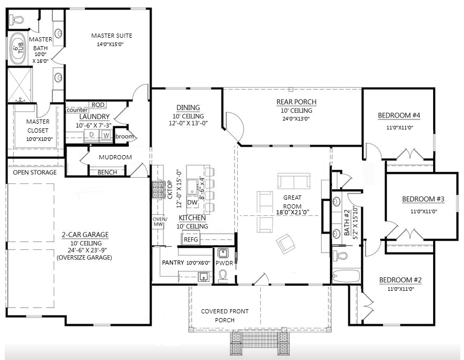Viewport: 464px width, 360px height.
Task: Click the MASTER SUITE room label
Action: [112, 36]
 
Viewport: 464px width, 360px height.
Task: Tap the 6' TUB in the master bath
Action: [18, 49]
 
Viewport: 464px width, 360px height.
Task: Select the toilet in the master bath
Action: [16, 20]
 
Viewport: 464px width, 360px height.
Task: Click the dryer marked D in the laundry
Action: [92, 135]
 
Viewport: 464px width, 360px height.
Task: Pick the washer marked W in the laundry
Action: [106, 135]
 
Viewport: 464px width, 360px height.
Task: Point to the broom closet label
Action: [125, 136]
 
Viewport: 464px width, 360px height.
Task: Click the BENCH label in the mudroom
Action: [107, 172]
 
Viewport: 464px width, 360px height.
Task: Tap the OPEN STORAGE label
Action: [35, 172]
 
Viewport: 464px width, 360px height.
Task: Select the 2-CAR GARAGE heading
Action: [85, 235]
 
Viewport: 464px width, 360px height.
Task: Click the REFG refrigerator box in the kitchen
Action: [191, 239]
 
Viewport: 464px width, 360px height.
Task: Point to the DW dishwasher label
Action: [192, 202]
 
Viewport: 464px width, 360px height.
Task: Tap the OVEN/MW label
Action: [160, 222]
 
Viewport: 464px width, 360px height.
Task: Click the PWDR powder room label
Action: [224, 263]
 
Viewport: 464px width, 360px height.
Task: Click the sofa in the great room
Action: [294, 181]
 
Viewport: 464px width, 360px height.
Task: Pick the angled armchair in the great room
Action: [285, 243]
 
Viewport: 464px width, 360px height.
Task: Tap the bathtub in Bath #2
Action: [346, 277]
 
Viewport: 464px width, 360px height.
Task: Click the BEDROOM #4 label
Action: [399, 115]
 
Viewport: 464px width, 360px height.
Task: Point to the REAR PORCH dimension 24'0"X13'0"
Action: [296, 119]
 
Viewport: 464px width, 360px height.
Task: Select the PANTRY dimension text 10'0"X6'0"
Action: [198, 263]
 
